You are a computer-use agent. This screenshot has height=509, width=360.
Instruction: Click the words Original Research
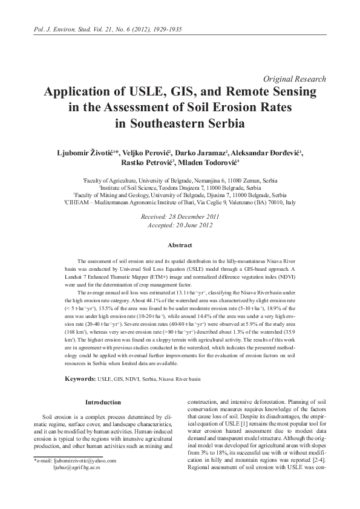(296, 79)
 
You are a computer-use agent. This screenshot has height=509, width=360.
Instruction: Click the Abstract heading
(180, 245)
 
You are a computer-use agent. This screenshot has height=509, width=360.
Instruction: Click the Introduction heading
(103, 402)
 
